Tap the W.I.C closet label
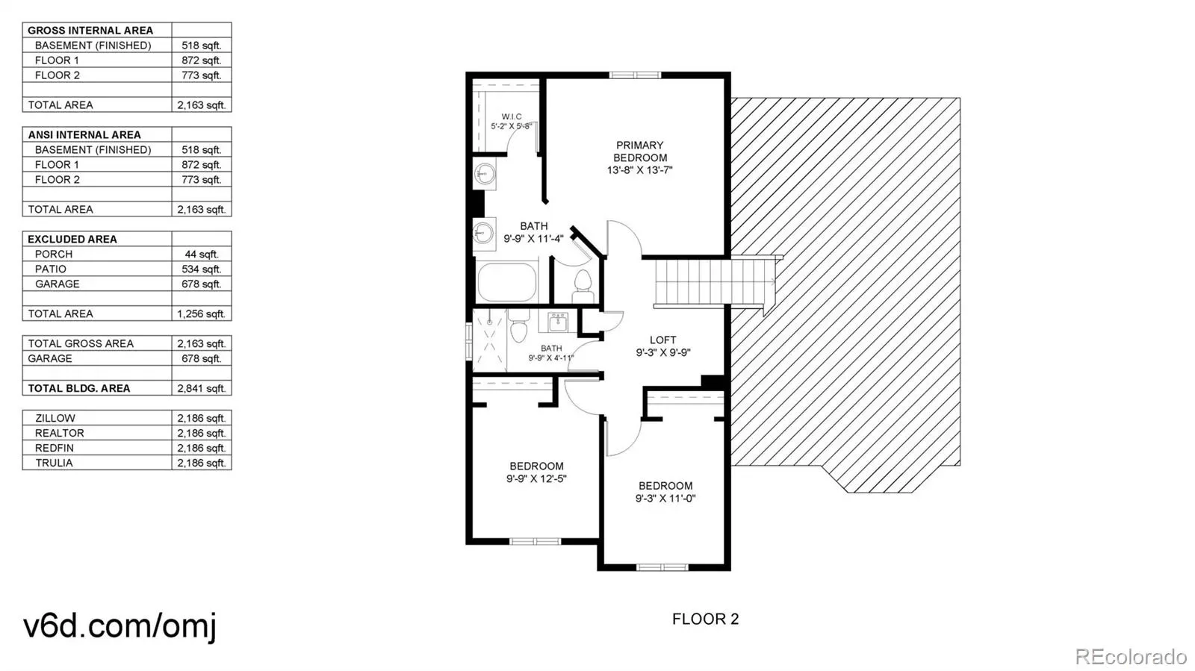coord(512,116)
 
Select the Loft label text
coord(663,340)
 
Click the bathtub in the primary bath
coord(507,282)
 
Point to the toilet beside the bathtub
coord(583,287)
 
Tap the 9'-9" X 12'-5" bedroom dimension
coord(536,478)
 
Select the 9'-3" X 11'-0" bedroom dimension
coord(665,499)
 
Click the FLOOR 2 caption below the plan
coord(705,619)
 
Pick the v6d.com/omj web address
coord(119,626)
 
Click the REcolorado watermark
coord(1131,656)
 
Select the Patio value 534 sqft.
coord(201,269)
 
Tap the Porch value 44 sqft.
coord(202,255)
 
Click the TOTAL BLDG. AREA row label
coord(79,389)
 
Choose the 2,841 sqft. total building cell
coord(202,389)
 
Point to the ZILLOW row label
coord(55,419)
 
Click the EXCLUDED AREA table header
coord(72,240)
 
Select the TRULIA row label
coord(54,464)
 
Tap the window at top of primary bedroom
coord(635,75)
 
